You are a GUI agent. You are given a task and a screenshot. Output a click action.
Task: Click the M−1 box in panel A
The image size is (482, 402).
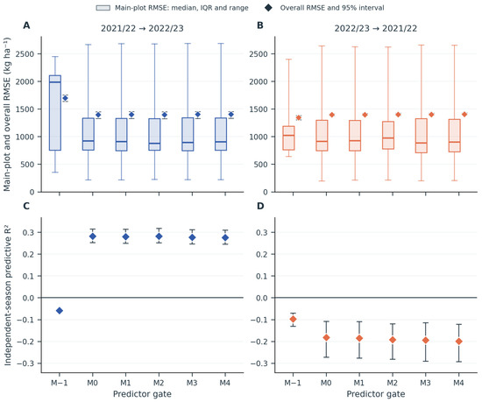click(55, 113)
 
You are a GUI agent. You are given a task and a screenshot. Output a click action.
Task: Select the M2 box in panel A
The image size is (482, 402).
click(154, 134)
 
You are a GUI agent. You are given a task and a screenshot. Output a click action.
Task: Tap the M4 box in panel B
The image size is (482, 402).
click(455, 136)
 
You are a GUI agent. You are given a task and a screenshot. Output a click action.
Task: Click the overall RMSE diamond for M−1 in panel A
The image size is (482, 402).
click(65, 98)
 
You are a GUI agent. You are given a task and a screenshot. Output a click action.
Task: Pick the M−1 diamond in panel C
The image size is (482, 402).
click(60, 311)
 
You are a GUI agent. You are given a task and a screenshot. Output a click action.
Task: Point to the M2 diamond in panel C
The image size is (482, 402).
click(159, 236)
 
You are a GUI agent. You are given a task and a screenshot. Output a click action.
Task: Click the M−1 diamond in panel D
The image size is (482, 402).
click(294, 320)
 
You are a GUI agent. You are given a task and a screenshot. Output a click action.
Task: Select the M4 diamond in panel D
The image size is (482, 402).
click(459, 342)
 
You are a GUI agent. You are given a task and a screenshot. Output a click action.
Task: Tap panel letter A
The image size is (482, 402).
click(26, 25)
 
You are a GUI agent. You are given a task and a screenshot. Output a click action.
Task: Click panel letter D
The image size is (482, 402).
click(260, 206)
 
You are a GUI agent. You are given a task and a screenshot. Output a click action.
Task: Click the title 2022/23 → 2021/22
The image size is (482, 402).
click(376, 29)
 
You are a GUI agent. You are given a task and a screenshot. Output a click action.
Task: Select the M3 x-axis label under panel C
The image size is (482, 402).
click(192, 383)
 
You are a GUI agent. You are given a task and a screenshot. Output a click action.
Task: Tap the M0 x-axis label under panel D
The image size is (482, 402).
click(326, 383)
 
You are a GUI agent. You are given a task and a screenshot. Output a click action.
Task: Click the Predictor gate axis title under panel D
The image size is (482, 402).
click(376, 394)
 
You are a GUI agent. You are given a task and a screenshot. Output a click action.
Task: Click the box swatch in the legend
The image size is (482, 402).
click(103, 8)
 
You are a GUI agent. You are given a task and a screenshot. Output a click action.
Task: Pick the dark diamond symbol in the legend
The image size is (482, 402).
click(268, 8)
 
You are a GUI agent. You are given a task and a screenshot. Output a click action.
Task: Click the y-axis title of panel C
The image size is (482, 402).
click(8, 295)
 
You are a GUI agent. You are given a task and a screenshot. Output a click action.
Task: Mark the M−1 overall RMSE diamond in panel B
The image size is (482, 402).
click(299, 118)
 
